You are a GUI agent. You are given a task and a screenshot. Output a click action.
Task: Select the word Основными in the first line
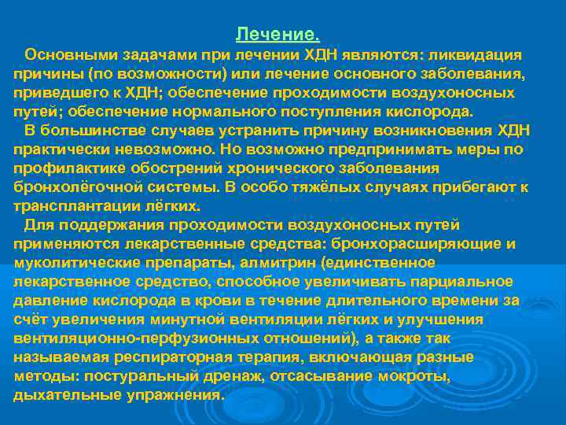tap(64, 55)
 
